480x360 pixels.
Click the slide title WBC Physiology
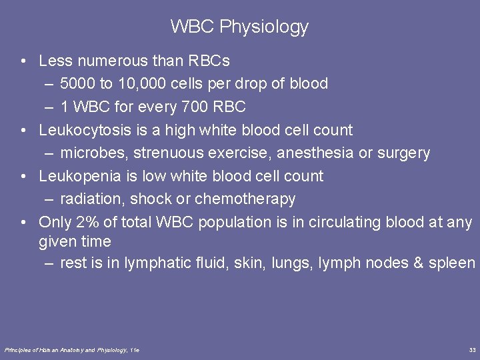239,27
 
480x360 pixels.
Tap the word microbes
93,153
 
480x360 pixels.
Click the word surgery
404,153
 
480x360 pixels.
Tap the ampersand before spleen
419,263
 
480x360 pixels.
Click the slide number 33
472,350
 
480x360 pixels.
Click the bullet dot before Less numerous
23,61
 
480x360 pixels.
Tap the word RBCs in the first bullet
209,61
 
